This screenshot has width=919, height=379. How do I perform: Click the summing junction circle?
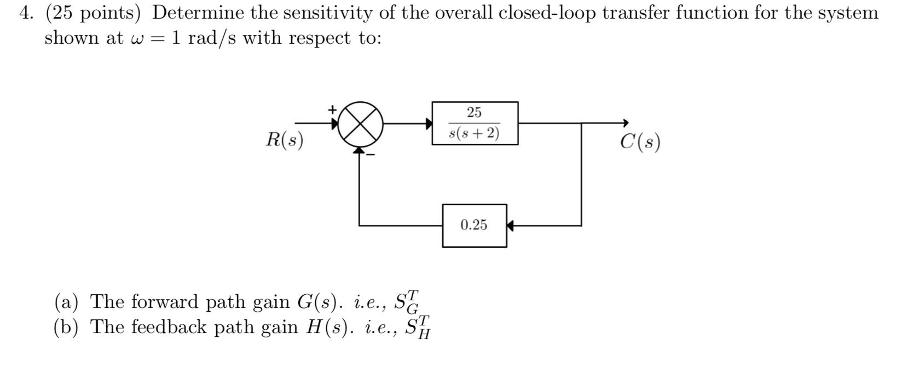[x=360, y=124]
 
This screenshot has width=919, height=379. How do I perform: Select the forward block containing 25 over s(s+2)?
[x=475, y=123]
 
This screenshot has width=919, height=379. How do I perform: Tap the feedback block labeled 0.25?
[x=475, y=225]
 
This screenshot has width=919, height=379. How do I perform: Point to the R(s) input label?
[x=285, y=140]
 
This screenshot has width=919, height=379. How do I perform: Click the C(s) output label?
[x=640, y=142]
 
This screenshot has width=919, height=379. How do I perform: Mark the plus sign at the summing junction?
[x=332, y=109]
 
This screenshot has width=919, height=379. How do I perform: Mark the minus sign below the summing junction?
[x=371, y=155]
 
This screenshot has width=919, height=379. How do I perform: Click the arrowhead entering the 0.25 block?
[x=510, y=225]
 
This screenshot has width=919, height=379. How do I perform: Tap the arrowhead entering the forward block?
[x=429, y=124]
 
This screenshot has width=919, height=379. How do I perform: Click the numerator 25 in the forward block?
[x=474, y=113]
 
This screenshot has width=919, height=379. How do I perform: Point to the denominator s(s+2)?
[x=474, y=133]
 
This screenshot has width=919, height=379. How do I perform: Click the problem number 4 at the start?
[x=24, y=13]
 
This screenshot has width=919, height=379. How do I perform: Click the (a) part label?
[x=66, y=301]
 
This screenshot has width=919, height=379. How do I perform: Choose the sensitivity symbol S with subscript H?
[x=417, y=327]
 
